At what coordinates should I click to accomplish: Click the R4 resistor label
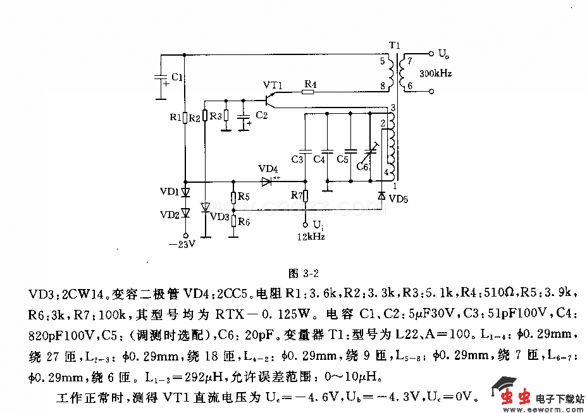[310, 83]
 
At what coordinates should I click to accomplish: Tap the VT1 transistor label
[273, 85]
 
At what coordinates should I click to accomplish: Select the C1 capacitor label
[178, 77]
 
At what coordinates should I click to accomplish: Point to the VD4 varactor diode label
[268, 170]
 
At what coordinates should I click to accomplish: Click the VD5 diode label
[399, 199]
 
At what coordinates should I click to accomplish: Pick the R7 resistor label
[297, 195]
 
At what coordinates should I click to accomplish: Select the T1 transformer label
[395, 46]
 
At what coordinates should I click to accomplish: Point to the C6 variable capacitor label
[362, 166]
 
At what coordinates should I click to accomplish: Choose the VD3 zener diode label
[219, 217]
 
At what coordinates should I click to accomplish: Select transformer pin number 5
[382, 61]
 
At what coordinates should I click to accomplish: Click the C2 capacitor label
[262, 115]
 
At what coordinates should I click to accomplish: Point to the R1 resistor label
[175, 117]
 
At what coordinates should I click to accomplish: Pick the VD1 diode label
[170, 191]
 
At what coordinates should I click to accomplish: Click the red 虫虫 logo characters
[514, 397]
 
